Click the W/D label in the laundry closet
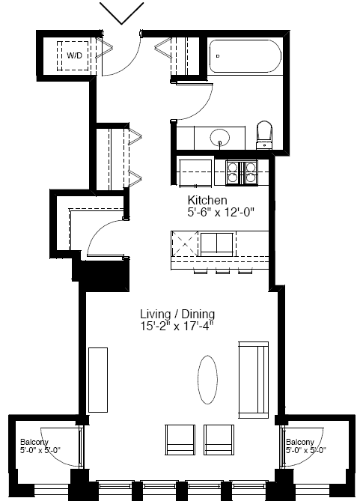pos(74,55)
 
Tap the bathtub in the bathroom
pos(245,56)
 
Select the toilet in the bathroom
pos(264,135)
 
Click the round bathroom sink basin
pos(220,138)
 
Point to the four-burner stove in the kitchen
pos(242,172)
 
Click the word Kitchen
pos(207,201)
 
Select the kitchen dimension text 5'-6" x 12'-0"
pos(221,212)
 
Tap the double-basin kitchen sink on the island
pos(216,244)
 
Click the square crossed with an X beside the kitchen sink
pos(185,244)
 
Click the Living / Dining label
pos(177,314)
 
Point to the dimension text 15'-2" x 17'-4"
pos(177,327)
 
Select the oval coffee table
pos(207,380)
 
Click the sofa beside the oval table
pos(254,380)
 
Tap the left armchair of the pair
pos(180,440)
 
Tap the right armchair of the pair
pos(219,440)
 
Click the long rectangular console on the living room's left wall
pos(98,380)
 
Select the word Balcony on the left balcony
pos(34,442)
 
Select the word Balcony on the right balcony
pos(300,442)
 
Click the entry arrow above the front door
pos(122,13)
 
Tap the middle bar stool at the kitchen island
pos(222,271)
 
